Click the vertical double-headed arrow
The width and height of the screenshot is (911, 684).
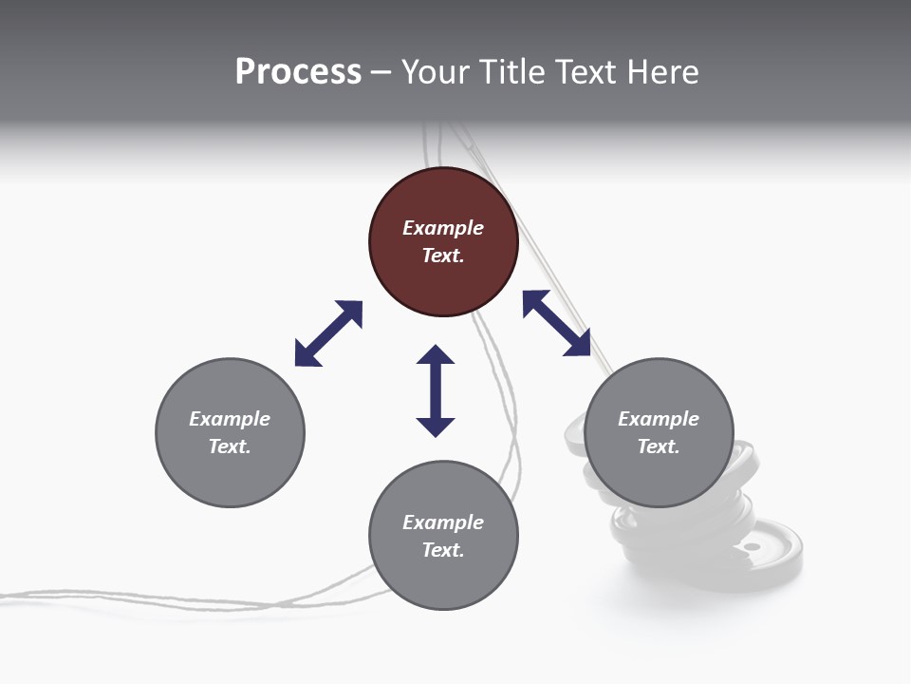(x=436, y=391)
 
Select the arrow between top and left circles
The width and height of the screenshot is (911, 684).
(x=329, y=333)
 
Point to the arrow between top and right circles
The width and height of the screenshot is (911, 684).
(x=557, y=323)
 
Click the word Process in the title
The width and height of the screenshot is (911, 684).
(x=298, y=72)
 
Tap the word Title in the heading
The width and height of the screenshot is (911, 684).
(x=513, y=72)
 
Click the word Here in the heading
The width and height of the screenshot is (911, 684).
(x=663, y=72)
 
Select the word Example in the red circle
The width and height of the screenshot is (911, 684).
(x=443, y=228)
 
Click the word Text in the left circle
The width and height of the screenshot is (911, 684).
(x=230, y=446)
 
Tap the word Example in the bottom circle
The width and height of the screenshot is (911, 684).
(x=443, y=522)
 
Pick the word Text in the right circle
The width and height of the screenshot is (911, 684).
(x=659, y=446)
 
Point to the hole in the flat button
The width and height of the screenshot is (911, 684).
(x=752, y=548)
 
